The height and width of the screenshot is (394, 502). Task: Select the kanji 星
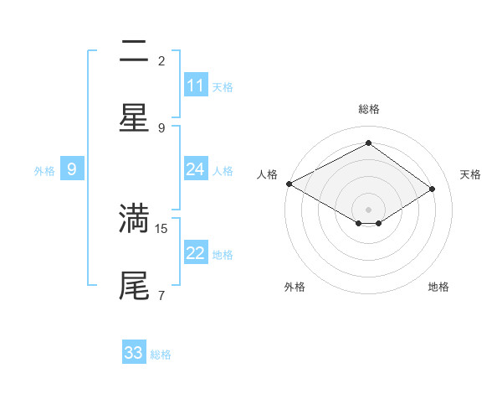tap(134, 117)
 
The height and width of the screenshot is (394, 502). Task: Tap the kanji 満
tap(134, 217)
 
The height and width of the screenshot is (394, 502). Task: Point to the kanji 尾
tap(134, 284)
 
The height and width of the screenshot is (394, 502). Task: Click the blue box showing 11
tap(196, 86)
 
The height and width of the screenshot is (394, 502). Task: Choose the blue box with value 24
tap(196, 169)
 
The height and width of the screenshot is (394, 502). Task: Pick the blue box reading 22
tap(196, 253)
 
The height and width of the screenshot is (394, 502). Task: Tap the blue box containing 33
tap(134, 353)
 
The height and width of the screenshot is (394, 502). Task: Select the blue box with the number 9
tap(72, 169)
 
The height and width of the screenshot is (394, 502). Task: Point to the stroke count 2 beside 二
tap(161, 61)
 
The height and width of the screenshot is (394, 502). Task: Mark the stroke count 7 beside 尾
tap(161, 295)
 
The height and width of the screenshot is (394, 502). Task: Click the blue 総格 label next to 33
tap(161, 355)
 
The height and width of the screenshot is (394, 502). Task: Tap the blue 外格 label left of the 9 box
tap(44, 171)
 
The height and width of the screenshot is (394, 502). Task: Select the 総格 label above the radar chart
tap(369, 109)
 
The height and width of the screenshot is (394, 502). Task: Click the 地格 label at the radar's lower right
tap(438, 287)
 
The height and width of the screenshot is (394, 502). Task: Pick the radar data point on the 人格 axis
tap(289, 184)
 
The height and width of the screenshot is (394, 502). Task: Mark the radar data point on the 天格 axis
tap(433, 189)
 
